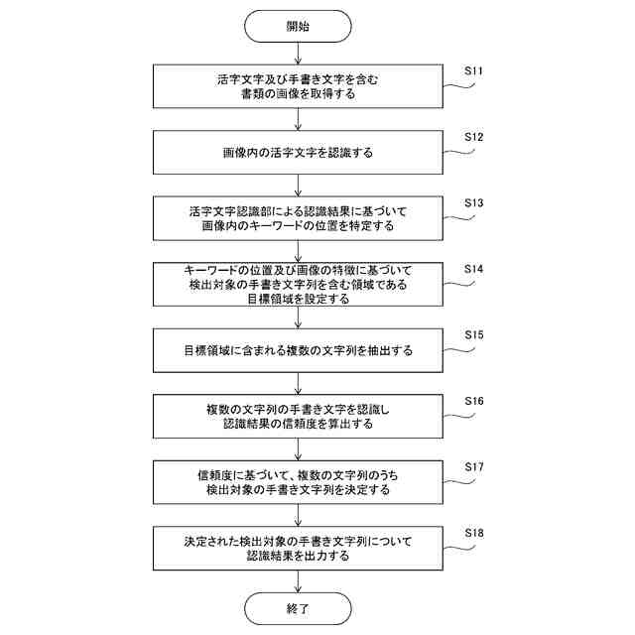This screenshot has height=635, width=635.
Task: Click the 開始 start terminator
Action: (297, 27)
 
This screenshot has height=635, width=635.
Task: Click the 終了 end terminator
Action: (297, 607)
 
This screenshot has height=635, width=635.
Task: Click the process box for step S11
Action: (297, 87)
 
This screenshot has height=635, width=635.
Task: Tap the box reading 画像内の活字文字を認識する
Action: (297, 154)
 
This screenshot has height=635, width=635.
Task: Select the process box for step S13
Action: (297, 219)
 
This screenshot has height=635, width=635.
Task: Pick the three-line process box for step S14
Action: (297, 285)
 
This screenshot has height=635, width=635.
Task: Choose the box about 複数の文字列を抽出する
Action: (297, 351)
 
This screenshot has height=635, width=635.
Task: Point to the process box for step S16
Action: (297, 417)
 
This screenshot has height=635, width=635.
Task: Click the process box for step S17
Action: (297, 482)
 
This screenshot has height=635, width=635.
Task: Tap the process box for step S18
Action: (297, 549)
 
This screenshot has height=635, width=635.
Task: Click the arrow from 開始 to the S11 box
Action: (297, 55)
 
